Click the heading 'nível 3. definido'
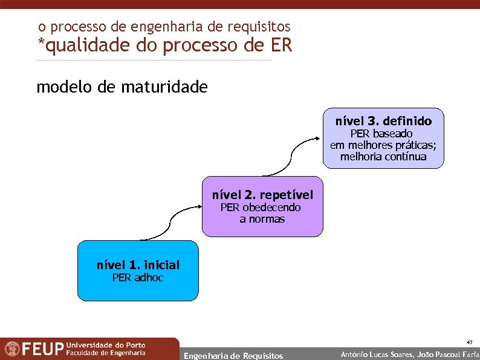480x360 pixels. coord(383,121)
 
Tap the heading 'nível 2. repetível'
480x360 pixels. coord(262,195)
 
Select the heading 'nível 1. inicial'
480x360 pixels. coord(138,265)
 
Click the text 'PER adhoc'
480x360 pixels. coord(138,278)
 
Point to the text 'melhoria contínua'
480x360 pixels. coord(383,157)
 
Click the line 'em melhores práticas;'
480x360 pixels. coord(383,145)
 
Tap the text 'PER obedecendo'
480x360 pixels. coord(261,207)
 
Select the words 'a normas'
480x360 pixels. coord(262,219)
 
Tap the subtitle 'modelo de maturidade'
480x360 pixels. coord(122,87)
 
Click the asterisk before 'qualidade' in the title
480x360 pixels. coord(41,44)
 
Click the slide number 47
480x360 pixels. coord(469,342)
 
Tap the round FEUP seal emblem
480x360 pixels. coord(12,349)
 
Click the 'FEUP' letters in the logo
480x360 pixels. coord(42,349)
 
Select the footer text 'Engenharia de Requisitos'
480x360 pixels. coord(233,355)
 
